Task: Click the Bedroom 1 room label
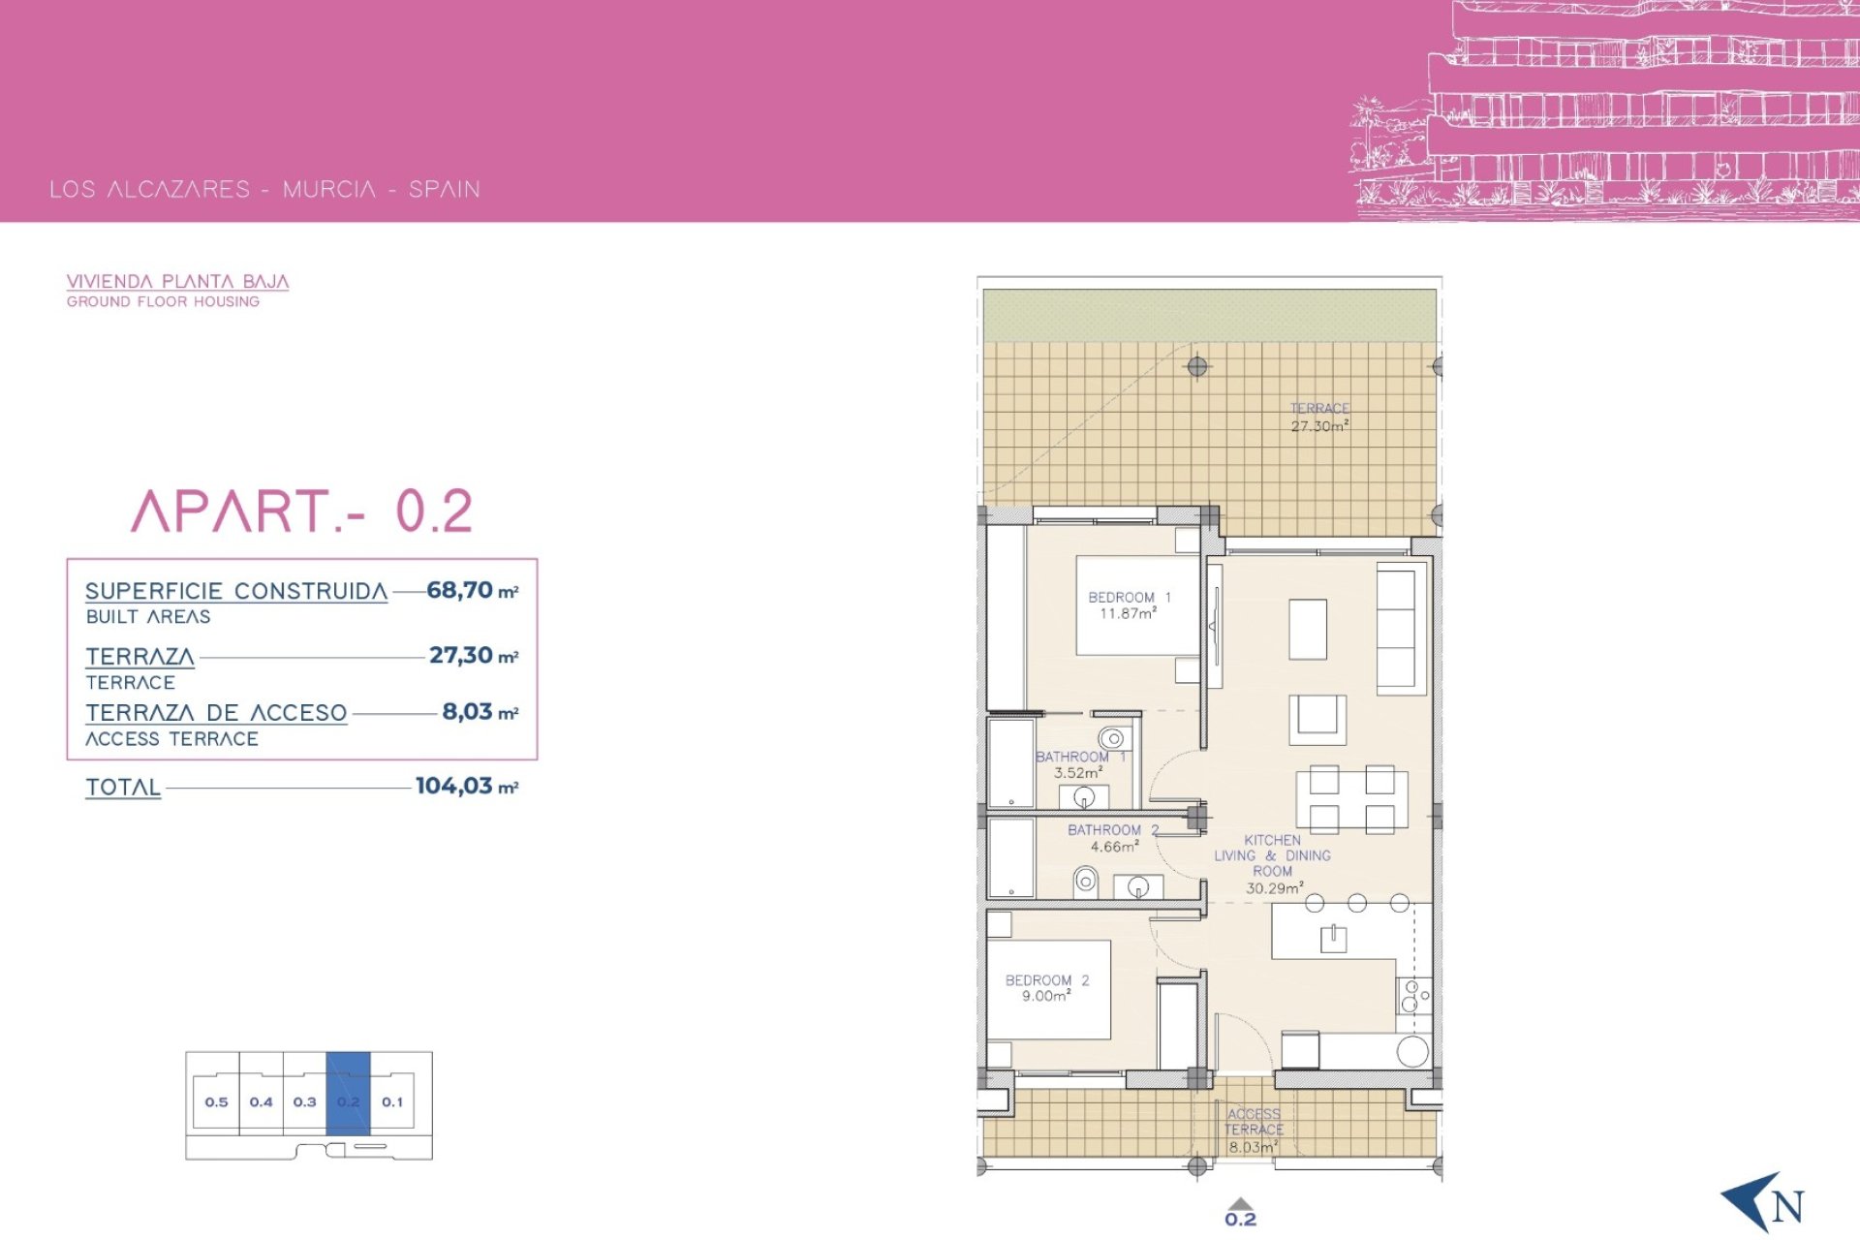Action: (x=1129, y=605)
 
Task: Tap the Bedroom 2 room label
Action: (x=1047, y=988)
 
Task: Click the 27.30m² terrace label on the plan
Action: (x=1319, y=418)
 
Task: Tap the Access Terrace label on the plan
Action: (x=1254, y=1131)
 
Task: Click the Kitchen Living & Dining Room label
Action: (x=1273, y=864)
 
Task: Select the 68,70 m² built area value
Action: (x=473, y=590)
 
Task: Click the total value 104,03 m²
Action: (x=467, y=786)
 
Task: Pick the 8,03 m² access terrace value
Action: (x=480, y=712)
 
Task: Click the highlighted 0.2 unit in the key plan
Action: (x=349, y=1093)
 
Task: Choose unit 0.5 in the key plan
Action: (x=216, y=1101)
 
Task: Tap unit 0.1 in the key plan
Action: (x=392, y=1101)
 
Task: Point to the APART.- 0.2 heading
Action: (x=302, y=511)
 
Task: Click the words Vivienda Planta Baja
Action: (x=177, y=281)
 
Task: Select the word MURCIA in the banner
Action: (x=329, y=189)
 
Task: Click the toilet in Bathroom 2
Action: (x=1086, y=883)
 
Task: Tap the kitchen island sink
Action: (x=1334, y=938)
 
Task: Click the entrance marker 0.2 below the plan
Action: (x=1241, y=1214)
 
